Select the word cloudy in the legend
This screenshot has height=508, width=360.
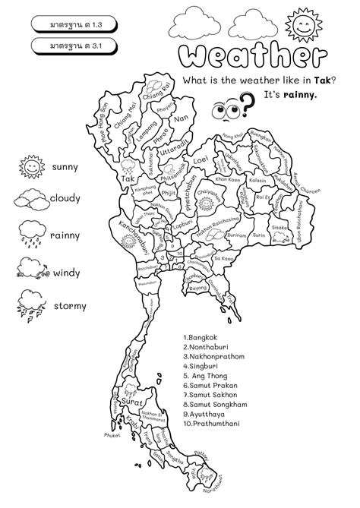pyautogui.click(x=71, y=200)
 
